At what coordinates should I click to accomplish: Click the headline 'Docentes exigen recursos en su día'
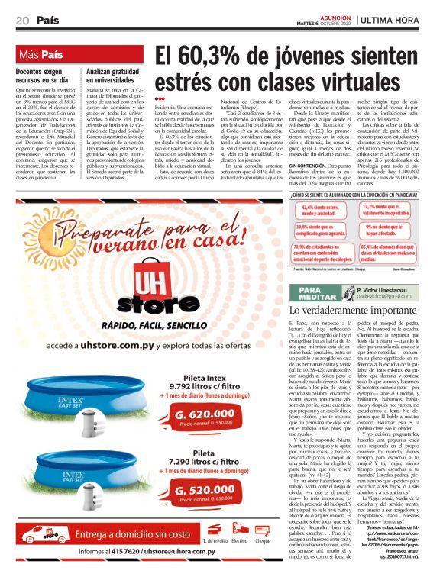pos(47,75)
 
